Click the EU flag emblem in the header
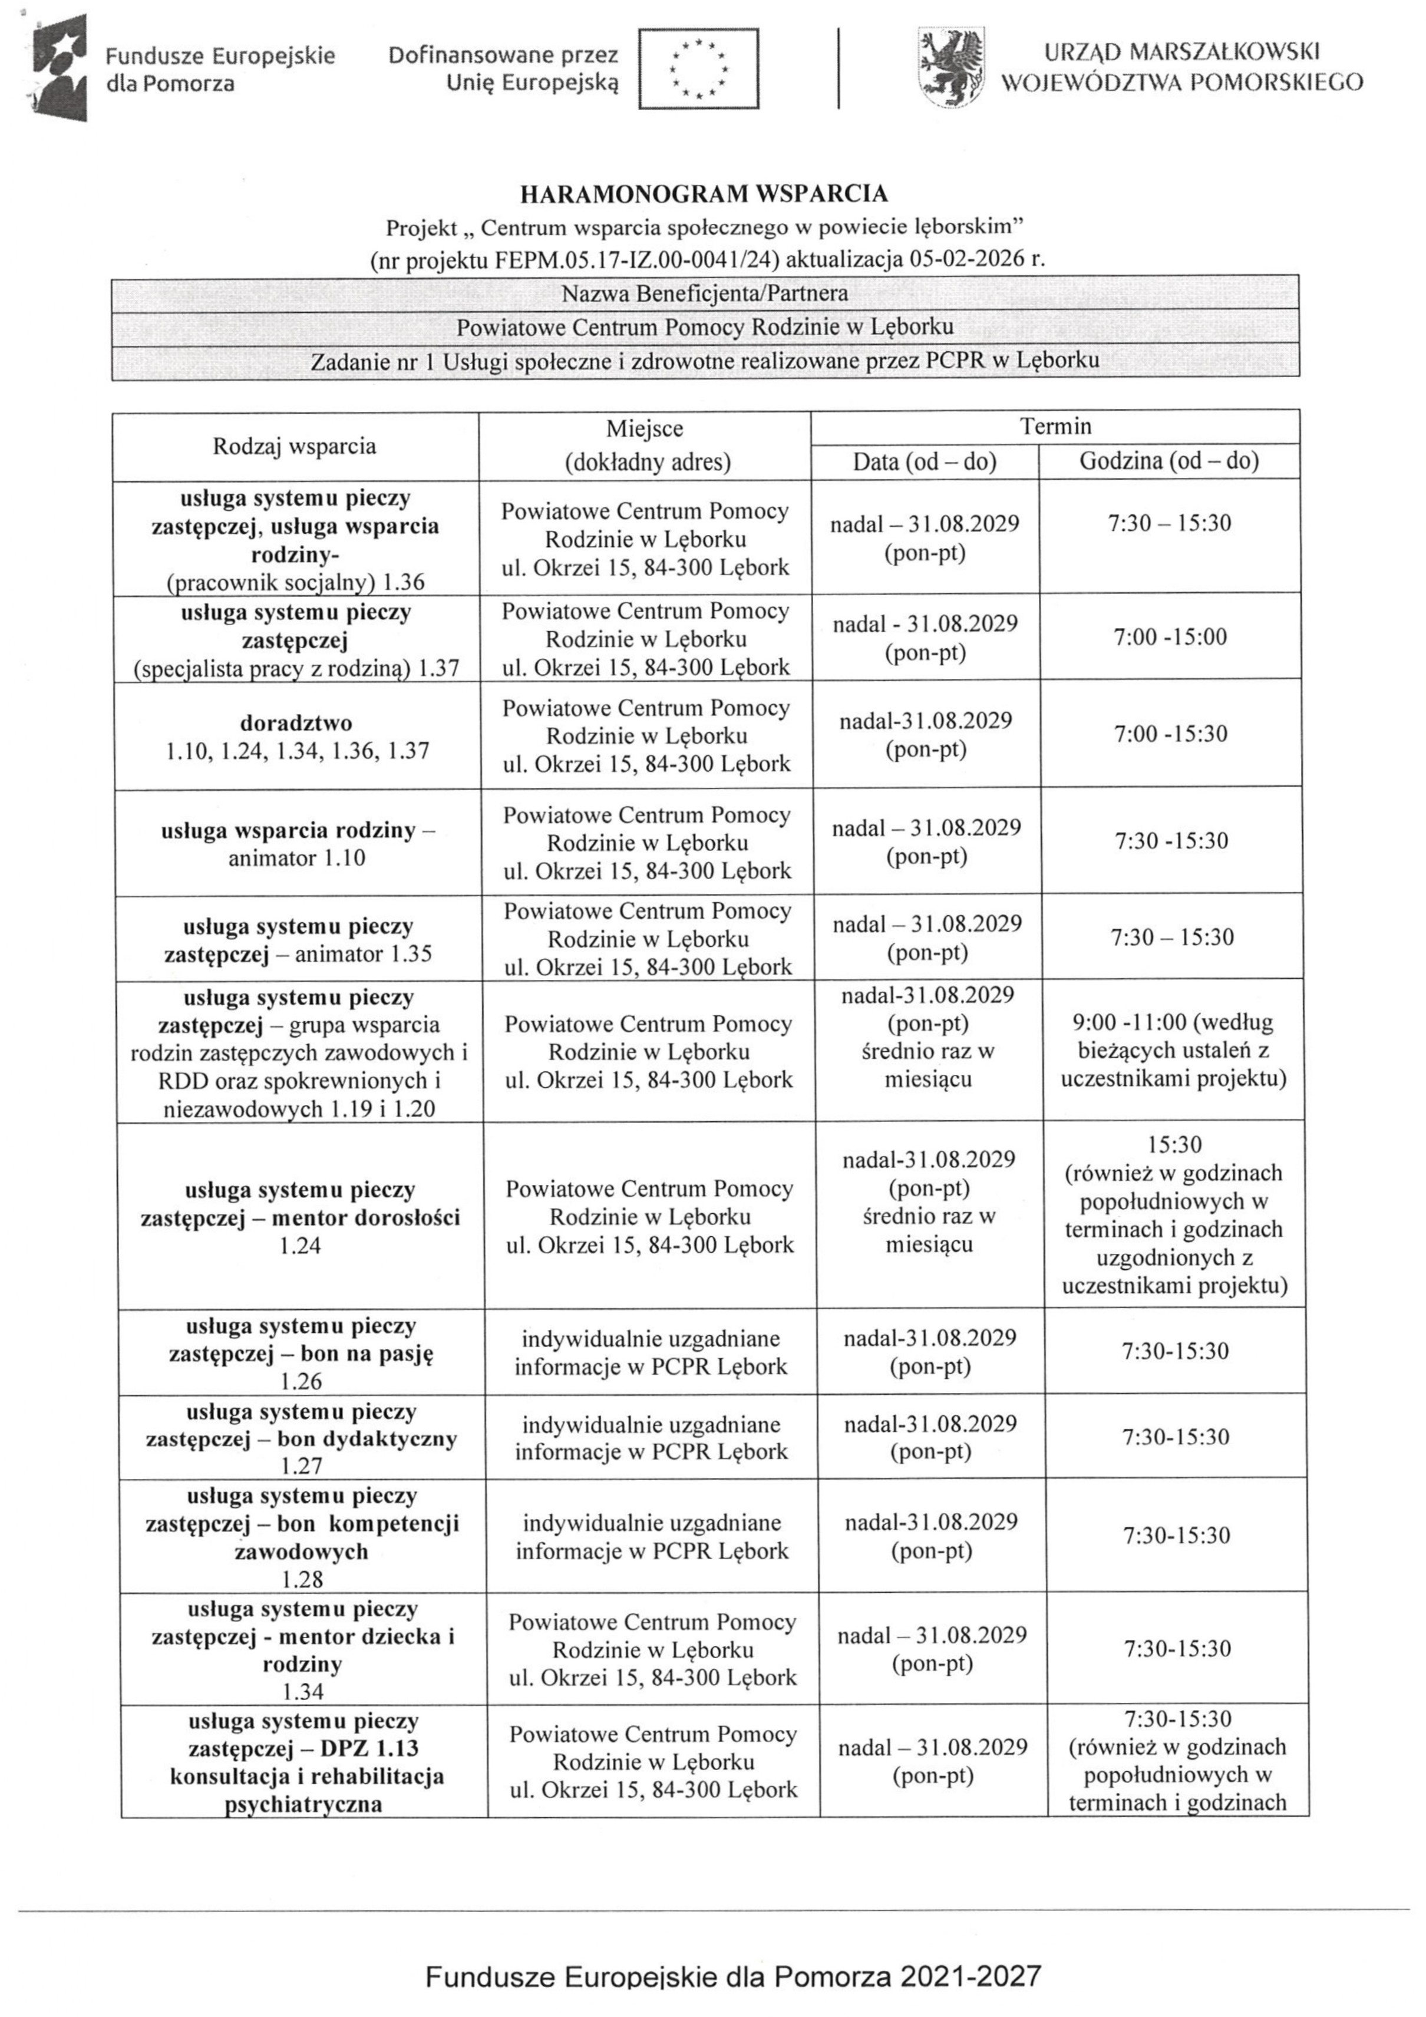[x=698, y=68]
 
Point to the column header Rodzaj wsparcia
[x=295, y=445]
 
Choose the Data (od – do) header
[x=925, y=461]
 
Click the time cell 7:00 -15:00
[x=1170, y=637]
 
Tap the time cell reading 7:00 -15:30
[x=1170, y=734]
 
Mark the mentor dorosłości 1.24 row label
[x=299, y=1217]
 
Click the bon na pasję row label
[x=301, y=1353]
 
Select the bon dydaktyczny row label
[x=301, y=1439]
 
